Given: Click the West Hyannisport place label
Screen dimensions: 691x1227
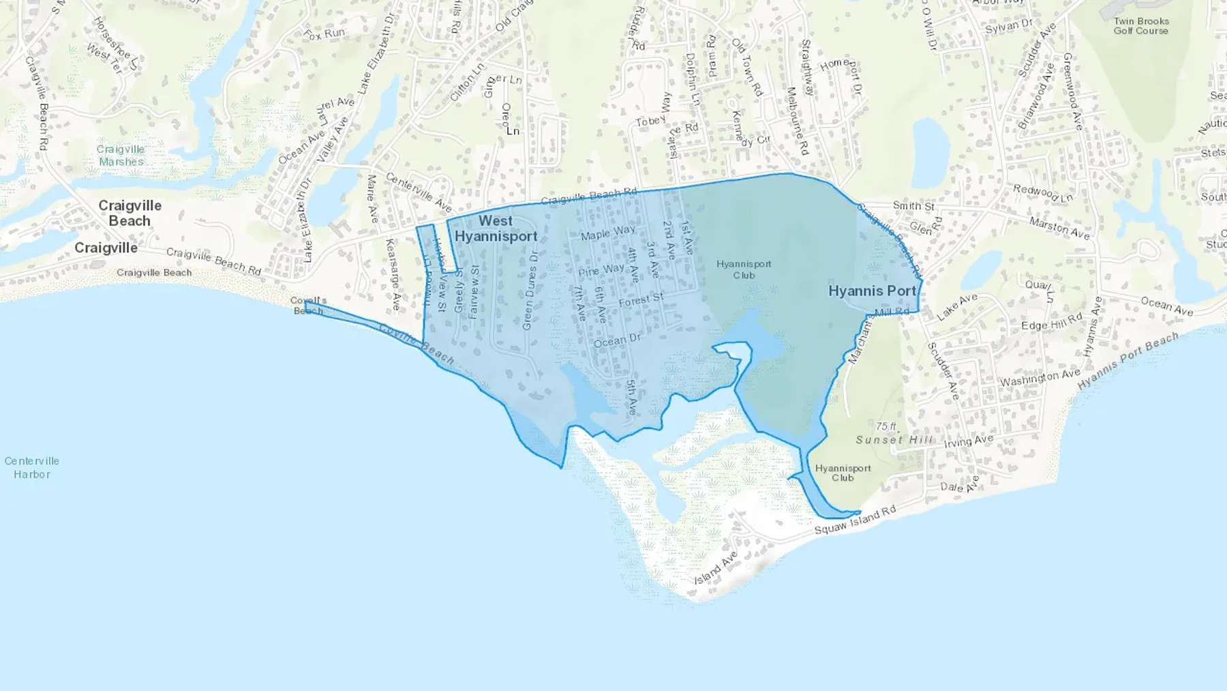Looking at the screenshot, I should point(496,229).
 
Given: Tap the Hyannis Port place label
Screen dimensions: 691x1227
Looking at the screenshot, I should point(872,291).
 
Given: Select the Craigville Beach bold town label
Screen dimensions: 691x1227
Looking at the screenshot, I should point(130,213).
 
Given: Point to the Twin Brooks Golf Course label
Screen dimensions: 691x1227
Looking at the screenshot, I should point(1141,26).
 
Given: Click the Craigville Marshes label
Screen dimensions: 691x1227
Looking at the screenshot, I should point(121,156).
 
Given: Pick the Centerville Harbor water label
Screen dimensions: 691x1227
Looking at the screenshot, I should point(32,467).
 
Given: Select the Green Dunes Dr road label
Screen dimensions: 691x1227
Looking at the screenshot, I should point(530,290).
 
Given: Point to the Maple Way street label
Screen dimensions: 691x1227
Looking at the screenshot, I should point(607,233).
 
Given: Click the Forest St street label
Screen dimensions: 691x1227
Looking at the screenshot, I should point(641,299).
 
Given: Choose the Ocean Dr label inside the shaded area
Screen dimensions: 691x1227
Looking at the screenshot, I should point(617,340).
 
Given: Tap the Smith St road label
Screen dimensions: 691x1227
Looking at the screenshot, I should point(913,205).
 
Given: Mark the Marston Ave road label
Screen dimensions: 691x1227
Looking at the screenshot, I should point(1059,229).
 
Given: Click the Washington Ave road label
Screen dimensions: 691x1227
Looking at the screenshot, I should point(1040,377).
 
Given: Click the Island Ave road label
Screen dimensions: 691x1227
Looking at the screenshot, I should point(716,568).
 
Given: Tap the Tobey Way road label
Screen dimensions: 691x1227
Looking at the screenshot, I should point(652,113).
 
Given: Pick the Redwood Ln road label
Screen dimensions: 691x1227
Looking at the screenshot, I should point(1042,193).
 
